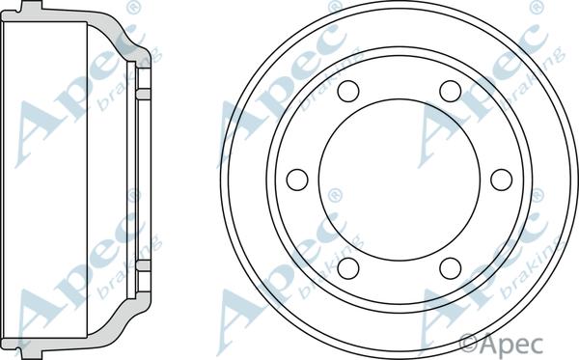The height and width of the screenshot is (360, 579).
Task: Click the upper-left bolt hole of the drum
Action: [348, 91]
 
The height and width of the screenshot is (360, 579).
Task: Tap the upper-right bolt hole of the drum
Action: [451, 91]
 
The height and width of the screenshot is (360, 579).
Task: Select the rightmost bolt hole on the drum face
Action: [501, 180]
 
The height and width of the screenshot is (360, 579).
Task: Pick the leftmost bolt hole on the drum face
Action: [297, 180]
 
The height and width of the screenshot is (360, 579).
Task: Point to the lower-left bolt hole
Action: [348, 268]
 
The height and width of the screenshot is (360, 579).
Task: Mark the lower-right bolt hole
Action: [451, 268]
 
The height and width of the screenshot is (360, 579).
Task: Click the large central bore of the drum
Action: [400, 180]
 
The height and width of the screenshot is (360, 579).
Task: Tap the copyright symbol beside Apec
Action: [468, 342]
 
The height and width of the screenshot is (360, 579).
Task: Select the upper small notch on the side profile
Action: [144, 94]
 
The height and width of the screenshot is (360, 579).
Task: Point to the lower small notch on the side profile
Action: [144, 264]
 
